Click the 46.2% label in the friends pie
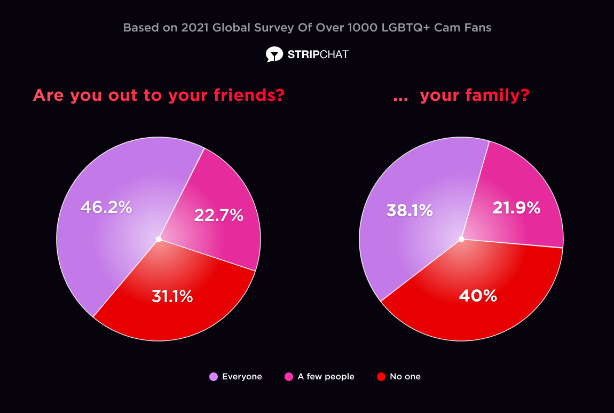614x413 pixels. [106, 207]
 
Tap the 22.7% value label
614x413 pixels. [218, 215]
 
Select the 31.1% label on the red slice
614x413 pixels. [172, 296]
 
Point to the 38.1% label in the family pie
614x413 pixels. [409, 211]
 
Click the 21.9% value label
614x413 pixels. [516, 208]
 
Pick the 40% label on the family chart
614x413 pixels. [478, 295]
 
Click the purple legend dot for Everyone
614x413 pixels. [214, 377]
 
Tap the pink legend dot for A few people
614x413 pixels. [289, 377]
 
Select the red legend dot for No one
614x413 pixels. [381, 377]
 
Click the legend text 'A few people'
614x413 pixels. [326, 377]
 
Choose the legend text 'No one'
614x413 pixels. [405, 377]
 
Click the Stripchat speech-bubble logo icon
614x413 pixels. [274, 54]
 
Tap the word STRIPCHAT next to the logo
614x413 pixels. [318, 54]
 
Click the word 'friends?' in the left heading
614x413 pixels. [249, 96]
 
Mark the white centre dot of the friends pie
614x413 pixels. [159, 239]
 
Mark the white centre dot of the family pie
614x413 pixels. [461, 239]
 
